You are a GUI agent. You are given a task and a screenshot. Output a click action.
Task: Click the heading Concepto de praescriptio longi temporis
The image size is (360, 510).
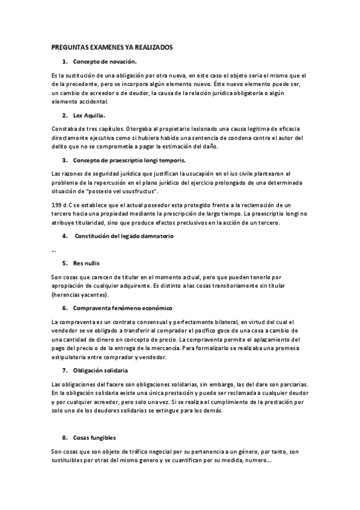point(129,161)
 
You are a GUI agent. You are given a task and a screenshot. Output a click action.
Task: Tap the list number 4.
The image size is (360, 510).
point(64,236)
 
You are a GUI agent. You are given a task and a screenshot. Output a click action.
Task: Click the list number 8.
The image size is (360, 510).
point(64,437)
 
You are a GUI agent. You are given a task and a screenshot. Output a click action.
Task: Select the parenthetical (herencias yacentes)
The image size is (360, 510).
point(80,295)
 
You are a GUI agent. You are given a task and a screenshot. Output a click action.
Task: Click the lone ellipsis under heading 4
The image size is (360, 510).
point(54,250)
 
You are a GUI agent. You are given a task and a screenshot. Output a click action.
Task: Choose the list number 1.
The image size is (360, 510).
point(64,62)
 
